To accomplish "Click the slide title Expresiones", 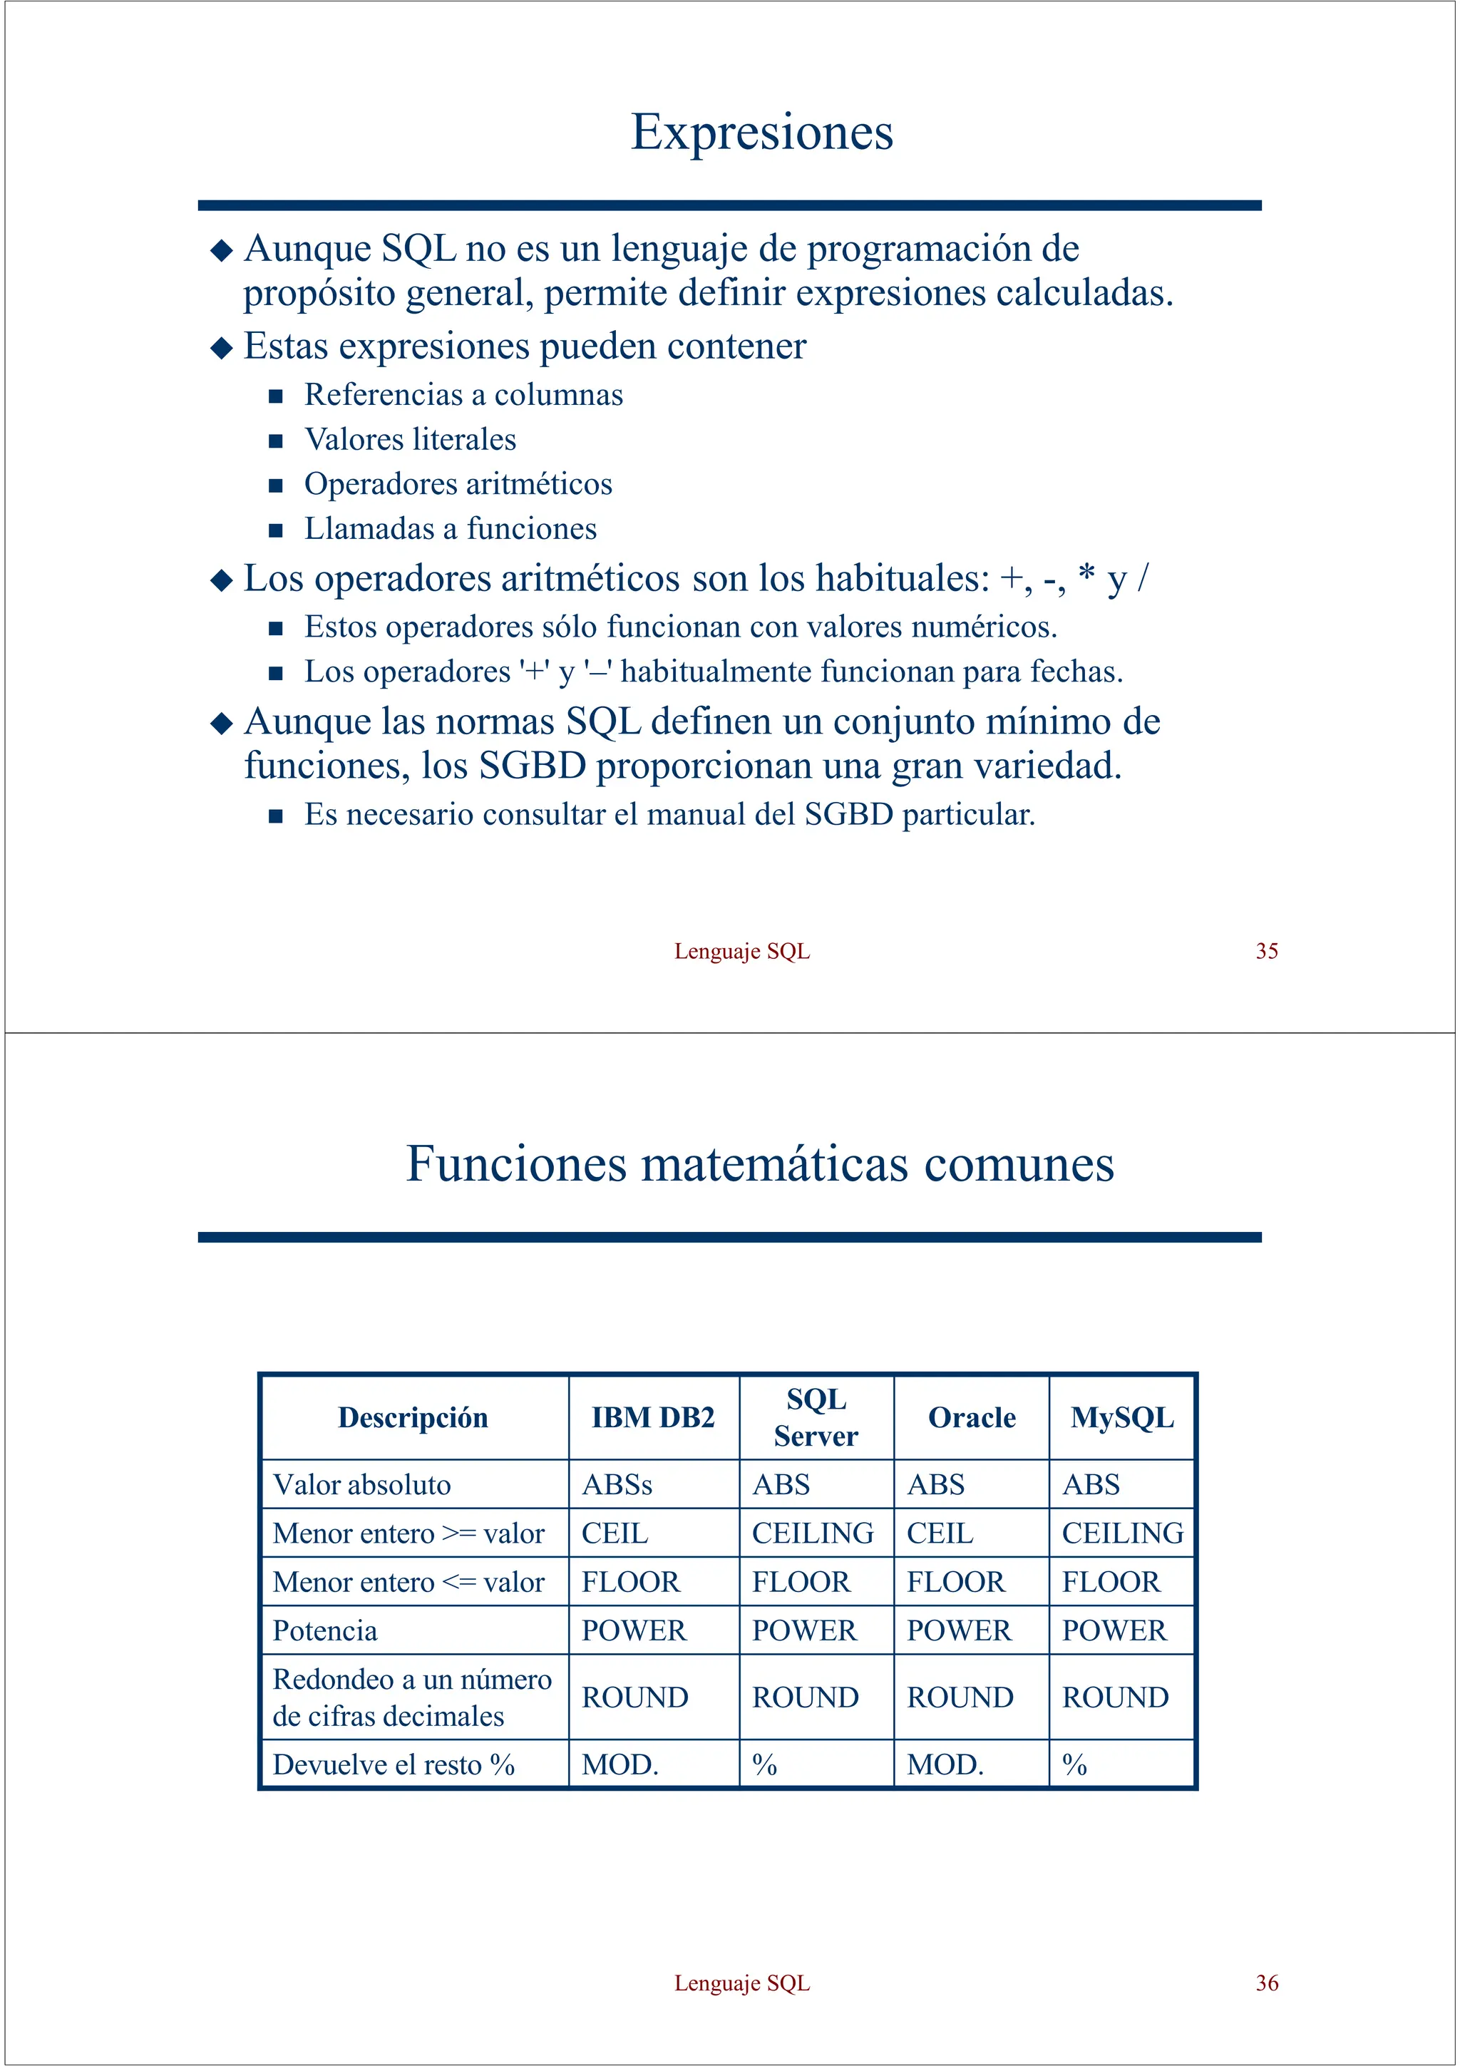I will coord(761,133).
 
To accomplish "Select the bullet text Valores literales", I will coord(410,439).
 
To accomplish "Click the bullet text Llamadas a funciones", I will coord(450,528).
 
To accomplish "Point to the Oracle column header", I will coord(971,1417).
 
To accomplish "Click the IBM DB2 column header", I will coord(652,1417).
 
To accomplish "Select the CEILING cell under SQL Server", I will coord(812,1533).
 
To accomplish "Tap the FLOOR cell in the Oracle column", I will coord(955,1581).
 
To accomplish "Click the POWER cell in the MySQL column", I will coord(1114,1630).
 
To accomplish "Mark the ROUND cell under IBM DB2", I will coord(634,1697).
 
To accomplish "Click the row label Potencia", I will coord(325,1630).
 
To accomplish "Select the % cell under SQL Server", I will coord(765,1764).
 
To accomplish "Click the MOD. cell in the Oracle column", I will coord(945,1764).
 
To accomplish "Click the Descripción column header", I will coord(413,1417).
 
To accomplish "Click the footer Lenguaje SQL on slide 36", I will coord(741,1983).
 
